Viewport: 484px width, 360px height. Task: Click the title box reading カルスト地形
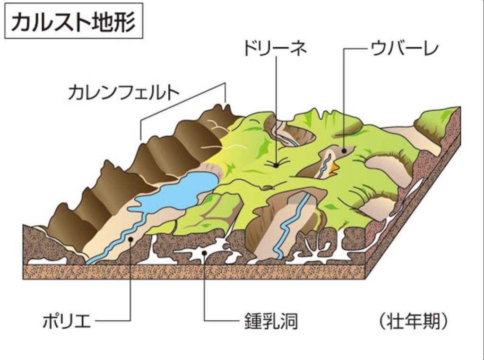[73, 22]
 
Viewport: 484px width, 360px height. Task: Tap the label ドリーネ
[275, 49]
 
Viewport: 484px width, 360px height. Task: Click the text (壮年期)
[413, 322]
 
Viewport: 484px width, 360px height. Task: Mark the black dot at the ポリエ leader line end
[130, 240]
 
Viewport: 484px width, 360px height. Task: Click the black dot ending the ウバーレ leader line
[344, 150]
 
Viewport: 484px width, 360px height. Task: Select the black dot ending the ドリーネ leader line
[276, 165]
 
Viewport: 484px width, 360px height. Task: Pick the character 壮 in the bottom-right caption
[397, 322]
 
